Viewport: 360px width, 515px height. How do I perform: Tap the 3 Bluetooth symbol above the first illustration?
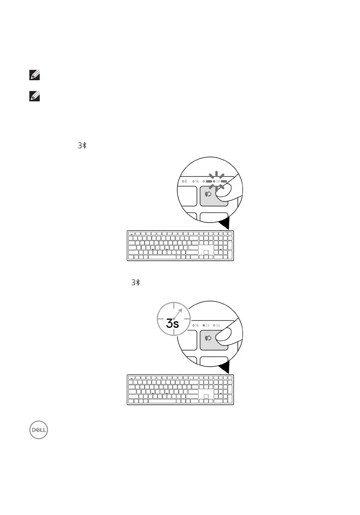click(x=82, y=146)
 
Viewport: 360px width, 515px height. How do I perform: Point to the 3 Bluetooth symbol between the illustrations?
click(x=136, y=283)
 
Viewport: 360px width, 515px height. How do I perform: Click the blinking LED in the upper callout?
click(x=215, y=182)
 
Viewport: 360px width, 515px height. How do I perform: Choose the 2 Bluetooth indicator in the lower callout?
click(x=206, y=325)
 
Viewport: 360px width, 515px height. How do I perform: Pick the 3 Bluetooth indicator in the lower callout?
click(x=218, y=325)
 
